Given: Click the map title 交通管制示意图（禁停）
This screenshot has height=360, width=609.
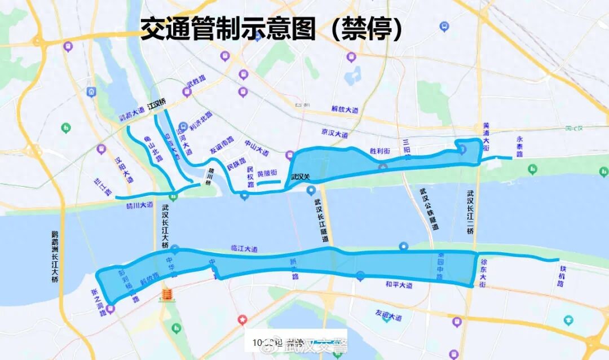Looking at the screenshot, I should point(271,29).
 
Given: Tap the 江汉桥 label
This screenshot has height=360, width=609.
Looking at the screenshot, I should point(156,105).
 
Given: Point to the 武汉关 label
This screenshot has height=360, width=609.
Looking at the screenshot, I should point(301,177).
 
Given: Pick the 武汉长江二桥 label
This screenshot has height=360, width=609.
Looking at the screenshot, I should point(470,212).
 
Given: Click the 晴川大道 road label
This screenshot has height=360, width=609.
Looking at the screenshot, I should point(140,205).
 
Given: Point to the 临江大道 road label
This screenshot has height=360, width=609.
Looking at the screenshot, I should point(244,248).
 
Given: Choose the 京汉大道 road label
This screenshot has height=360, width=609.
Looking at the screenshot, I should point(334,134).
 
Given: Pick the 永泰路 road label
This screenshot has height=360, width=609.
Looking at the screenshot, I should point(519,146).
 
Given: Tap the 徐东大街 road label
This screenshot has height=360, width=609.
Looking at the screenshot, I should point(484,273).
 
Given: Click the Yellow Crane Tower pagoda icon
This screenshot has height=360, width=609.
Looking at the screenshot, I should point(167,294).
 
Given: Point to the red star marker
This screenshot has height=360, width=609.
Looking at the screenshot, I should point(242,319).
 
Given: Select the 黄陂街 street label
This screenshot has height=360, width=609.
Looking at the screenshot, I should point(267,173).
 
